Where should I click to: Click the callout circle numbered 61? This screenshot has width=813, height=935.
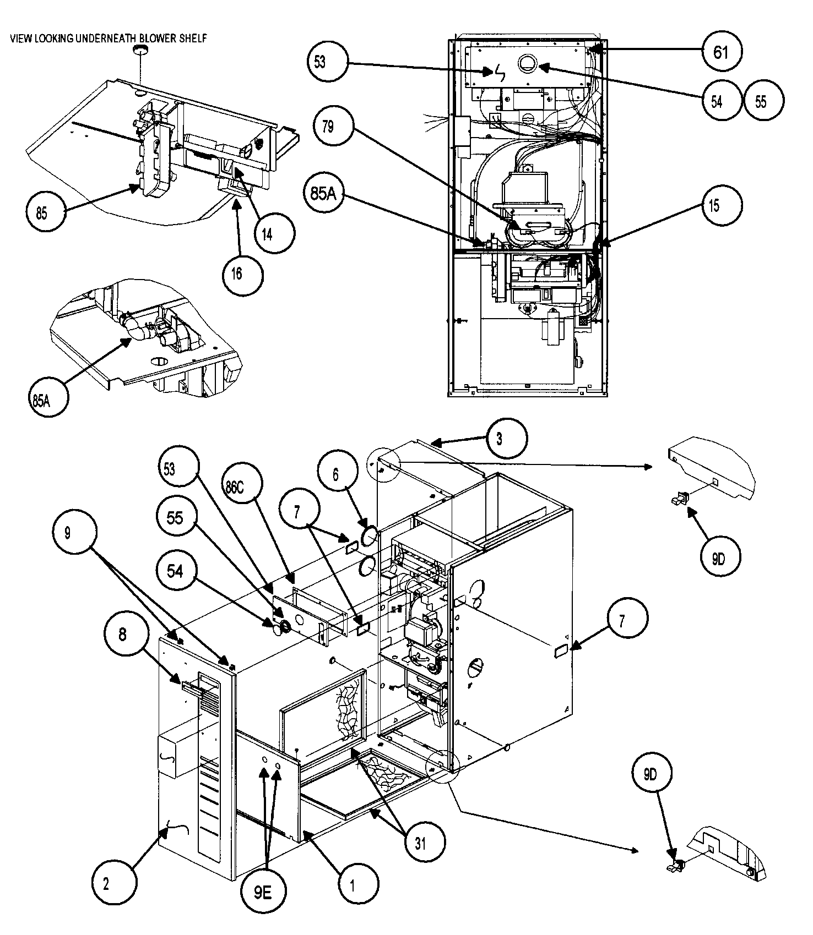720,52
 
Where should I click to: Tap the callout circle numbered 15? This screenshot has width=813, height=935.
713,206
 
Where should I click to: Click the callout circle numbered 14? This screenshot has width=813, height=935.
267,234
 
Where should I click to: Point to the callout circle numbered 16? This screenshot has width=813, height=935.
237,274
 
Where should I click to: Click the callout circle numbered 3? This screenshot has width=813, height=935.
498,439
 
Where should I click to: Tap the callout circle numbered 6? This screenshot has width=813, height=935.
337,474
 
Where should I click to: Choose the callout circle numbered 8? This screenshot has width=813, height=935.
122,635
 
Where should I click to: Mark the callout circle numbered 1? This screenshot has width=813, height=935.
353,884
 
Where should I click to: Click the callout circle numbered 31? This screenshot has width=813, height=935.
421,843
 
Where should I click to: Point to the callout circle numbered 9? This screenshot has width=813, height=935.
68,534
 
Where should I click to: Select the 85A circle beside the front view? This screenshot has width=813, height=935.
323,194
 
